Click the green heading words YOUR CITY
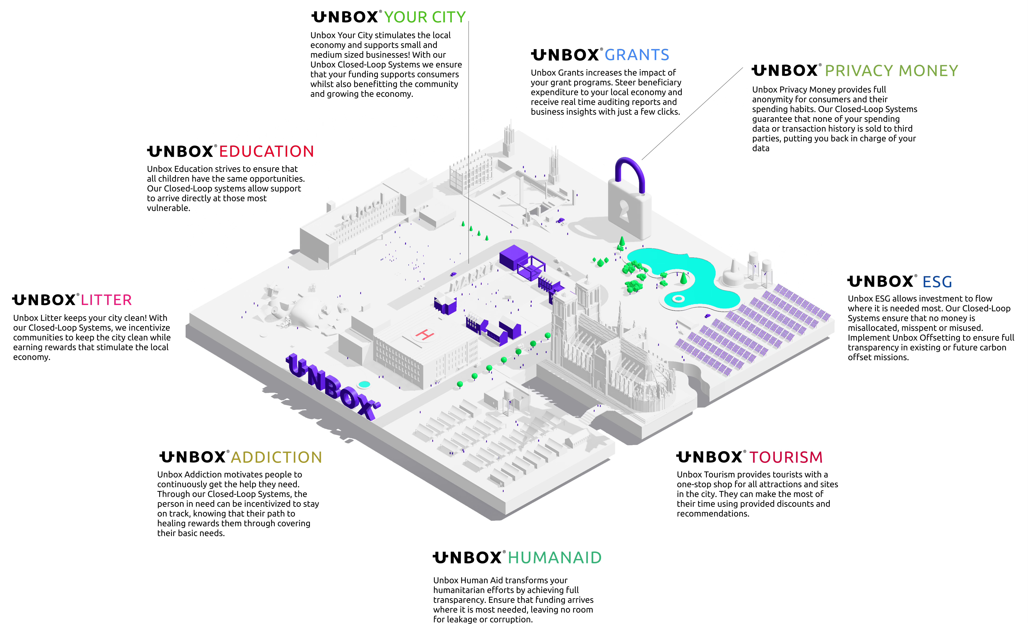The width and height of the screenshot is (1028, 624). [x=424, y=17]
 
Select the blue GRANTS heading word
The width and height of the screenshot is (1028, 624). [x=637, y=55]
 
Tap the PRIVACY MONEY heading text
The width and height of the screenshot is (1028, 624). [x=891, y=71]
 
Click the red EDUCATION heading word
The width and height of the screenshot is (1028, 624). [x=266, y=151]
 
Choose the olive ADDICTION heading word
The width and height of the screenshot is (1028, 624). [x=276, y=457]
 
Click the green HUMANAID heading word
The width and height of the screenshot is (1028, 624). [x=554, y=558]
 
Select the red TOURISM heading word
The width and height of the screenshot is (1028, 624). [x=786, y=457]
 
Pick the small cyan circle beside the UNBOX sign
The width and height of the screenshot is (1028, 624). [x=364, y=384]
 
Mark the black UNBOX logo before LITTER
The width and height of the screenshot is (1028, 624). [x=44, y=300]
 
